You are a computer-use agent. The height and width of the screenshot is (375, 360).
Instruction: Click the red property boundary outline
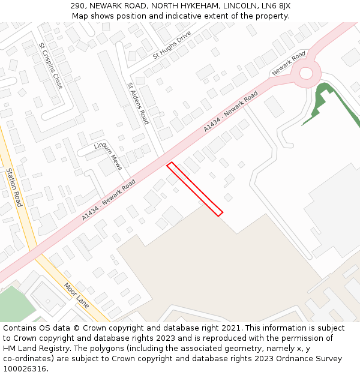coord(194,188)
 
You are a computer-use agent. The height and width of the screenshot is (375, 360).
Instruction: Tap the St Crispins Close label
coord(50,65)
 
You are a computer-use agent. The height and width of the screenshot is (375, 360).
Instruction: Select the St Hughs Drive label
coord(172,44)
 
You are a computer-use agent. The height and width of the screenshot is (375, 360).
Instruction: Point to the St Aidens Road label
coord(138,103)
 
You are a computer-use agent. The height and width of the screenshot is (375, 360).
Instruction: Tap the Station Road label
coord(14,187)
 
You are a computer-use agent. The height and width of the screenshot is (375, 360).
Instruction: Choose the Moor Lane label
coord(76,296)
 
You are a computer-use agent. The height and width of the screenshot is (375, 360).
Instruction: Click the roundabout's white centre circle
coord(306,74)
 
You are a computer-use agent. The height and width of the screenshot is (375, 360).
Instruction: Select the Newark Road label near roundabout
coord(289,63)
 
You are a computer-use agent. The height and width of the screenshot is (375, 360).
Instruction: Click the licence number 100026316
coord(25,368)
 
